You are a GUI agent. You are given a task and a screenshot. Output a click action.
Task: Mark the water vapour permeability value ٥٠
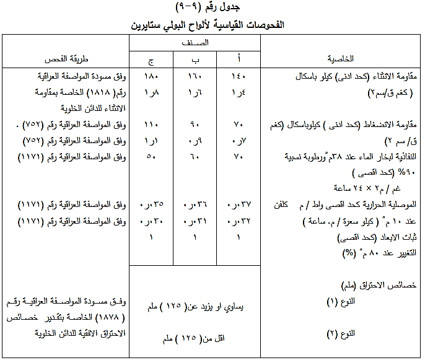click(151, 158)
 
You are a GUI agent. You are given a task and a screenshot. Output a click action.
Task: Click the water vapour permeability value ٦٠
click(194, 158)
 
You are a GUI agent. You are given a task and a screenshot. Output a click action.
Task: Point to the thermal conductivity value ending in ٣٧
click(238, 204)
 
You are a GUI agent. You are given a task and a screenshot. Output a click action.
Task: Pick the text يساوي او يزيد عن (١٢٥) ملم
click(194, 306)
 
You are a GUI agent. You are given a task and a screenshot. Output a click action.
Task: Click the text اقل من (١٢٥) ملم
click(194, 340)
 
